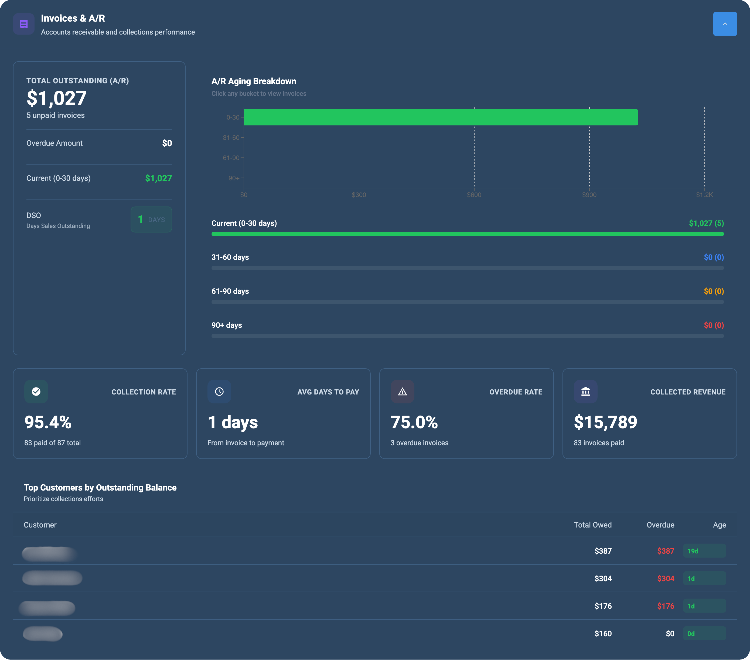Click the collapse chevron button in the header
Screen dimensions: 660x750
725,24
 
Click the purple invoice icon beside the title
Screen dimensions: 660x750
24,24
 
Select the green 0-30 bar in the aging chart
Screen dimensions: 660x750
440,117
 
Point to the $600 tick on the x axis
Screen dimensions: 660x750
474,195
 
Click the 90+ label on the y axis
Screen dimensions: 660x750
233,178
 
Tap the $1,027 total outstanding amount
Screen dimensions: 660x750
56,98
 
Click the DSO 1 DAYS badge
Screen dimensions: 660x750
151,220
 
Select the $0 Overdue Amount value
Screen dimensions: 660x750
167,143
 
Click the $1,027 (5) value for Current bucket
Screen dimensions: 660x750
706,223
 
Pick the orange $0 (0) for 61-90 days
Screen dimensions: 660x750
713,291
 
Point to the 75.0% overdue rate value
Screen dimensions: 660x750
414,422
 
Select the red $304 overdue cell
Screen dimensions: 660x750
665,579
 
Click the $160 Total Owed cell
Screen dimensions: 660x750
603,634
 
